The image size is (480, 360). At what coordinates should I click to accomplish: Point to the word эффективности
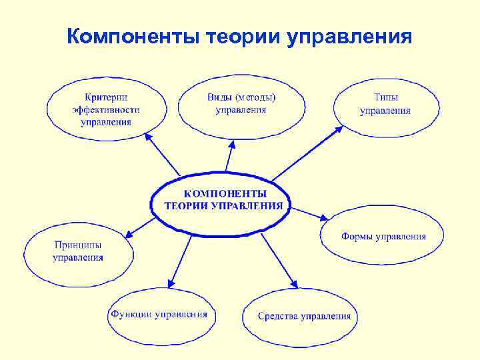[x=106, y=109]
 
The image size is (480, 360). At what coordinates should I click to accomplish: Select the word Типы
[x=386, y=98]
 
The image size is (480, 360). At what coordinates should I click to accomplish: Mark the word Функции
[x=131, y=314]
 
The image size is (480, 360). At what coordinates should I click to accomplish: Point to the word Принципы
[x=78, y=245]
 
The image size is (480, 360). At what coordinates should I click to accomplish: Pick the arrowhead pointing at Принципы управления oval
[x=129, y=235]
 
